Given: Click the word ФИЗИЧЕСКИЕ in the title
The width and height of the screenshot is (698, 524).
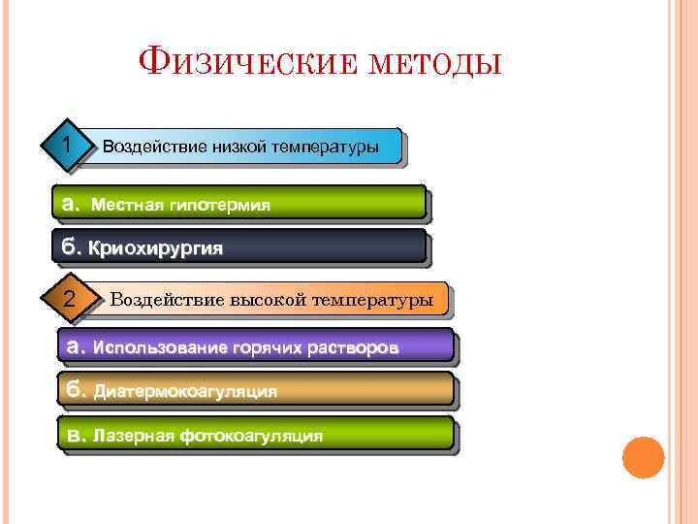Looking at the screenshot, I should (240, 65).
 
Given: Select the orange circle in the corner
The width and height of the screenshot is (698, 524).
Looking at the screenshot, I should (643, 457).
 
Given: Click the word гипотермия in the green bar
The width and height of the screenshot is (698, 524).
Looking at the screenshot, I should (219, 205).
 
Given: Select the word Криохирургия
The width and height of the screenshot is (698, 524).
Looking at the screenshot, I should (155, 248).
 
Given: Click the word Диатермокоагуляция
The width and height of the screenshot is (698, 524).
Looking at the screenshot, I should (185, 391).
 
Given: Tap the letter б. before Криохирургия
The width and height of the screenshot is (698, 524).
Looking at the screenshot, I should (72, 247).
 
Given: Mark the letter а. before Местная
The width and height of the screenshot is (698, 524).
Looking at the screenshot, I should (71, 205).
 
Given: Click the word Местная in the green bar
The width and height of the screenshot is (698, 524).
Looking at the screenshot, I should (127, 205).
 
